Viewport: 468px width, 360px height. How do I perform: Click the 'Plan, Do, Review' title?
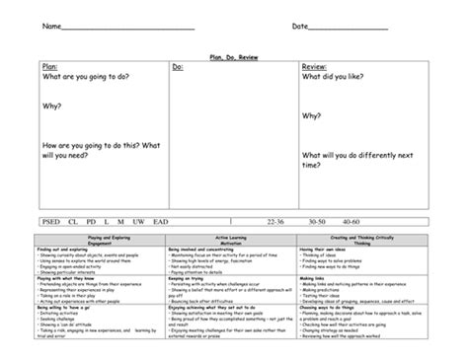click(233, 58)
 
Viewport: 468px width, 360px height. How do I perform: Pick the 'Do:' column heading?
click(179, 67)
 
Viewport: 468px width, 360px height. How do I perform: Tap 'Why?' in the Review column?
click(312, 114)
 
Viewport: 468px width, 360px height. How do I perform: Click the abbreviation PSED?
click(53, 223)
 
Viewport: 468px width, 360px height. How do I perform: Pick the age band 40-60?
click(352, 223)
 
